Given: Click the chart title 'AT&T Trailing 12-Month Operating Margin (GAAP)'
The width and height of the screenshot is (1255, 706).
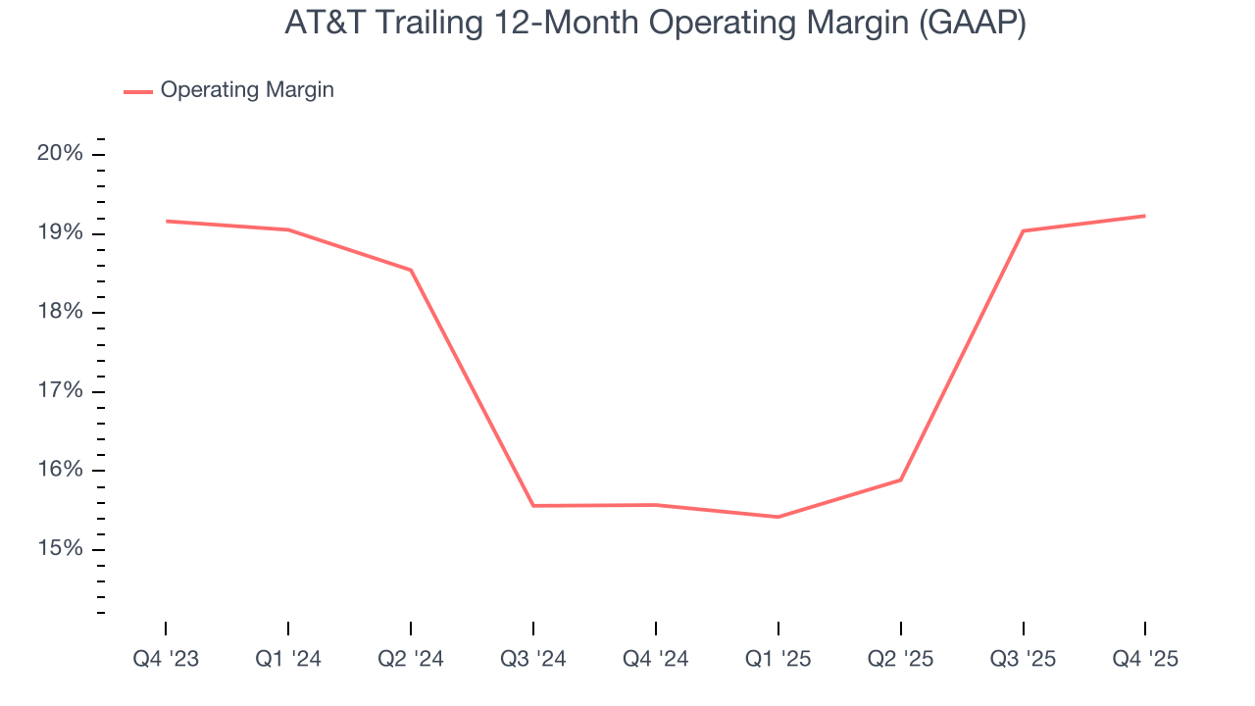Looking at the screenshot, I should pyautogui.click(x=655, y=24).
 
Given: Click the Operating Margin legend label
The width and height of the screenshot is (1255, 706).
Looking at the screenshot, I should pyautogui.click(x=247, y=90).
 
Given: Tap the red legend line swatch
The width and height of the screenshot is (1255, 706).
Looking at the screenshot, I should pyautogui.click(x=138, y=91).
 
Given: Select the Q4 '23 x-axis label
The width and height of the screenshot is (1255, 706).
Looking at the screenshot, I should pyautogui.click(x=166, y=660).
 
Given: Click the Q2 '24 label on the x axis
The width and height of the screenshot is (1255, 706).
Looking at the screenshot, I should pyautogui.click(x=411, y=660).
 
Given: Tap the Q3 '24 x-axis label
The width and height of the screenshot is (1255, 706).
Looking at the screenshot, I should pyautogui.click(x=533, y=660).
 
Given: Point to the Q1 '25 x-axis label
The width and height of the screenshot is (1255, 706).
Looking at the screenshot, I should pyautogui.click(x=778, y=660).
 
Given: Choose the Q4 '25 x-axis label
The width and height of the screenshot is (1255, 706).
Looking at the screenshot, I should pyautogui.click(x=1145, y=660).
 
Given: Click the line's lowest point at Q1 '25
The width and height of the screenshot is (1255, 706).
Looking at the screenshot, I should pyautogui.click(x=778, y=517).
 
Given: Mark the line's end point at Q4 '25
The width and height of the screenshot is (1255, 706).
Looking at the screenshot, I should pyautogui.click(x=1145, y=216).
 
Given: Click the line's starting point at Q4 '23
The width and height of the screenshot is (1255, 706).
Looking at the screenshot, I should pyautogui.click(x=166, y=221).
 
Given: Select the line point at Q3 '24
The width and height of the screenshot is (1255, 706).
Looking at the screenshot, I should pyautogui.click(x=533, y=506).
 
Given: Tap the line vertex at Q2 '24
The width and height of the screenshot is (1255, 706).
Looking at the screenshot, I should pyautogui.click(x=411, y=270).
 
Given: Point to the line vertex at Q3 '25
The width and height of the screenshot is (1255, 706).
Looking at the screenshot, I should pyautogui.click(x=1023, y=230).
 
